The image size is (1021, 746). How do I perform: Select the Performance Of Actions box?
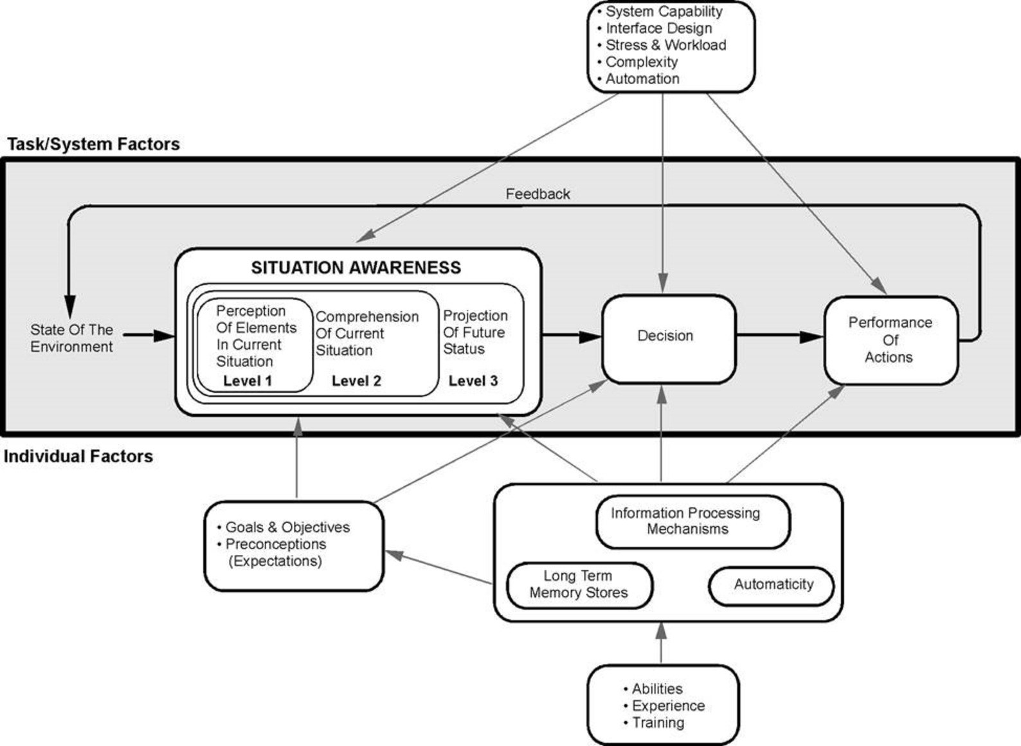coord(890,340)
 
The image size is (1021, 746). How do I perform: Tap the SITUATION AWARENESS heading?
coord(356,268)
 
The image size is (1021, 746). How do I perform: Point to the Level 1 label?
coord(248,381)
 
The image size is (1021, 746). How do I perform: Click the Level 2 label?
coord(356,381)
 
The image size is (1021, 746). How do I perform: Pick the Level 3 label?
coord(473,381)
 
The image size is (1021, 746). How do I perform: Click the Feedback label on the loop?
coord(538,194)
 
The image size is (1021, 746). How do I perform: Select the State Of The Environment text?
coord(71,338)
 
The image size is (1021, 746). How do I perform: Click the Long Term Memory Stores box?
coord(579,585)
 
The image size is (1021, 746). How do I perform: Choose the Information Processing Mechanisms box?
coord(686,522)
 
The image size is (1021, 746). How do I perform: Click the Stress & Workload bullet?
coord(665,45)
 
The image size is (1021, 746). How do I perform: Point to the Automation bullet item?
coord(642,78)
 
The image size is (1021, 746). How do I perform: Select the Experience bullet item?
coord(667,705)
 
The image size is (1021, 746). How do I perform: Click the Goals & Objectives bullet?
coord(287,527)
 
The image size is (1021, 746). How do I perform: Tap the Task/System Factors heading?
coord(94,144)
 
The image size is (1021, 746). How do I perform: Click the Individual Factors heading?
coord(78,457)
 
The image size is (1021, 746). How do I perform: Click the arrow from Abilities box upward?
coord(661,643)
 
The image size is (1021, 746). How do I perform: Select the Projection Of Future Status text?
coord(475,332)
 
